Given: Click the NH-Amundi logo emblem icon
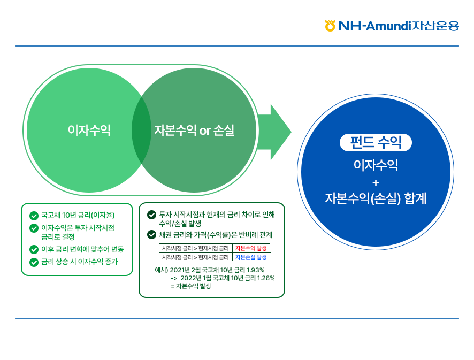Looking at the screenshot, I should pyautogui.click(x=330, y=25).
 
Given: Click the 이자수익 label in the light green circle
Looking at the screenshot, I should pyautogui.click(x=89, y=130).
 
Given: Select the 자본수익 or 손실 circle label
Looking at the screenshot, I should pyautogui.click(x=194, y=130).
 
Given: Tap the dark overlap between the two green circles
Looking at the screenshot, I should pyautogui.click(x=141, y=130).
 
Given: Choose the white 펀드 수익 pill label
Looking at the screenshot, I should pyautogui.click(x=376, y=142).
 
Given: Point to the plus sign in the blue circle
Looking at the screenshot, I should pyautogui.click(x=376, y=182).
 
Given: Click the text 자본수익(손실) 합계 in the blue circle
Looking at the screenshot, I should pyautogui.click(x=376, y=198).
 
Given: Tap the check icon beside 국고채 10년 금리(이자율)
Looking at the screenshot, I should pyautogui.click(x=34, y=216).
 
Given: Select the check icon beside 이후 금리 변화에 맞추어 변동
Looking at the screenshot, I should pyautogui.click(x=34, y=249).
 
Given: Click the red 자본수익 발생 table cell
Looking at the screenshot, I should pyautogui.click(x=251, y=248).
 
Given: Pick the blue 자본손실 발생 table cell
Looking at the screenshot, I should pyautogui.click(x=251, y=257).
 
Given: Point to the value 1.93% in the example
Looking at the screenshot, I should pyautogui.click(x=253, y=270).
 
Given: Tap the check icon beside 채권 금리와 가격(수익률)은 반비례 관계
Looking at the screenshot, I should pyautogui.click(x=151, y=234).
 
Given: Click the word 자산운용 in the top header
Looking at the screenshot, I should pyautogui.click(x=436, y=26).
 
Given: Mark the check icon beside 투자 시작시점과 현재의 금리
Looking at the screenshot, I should pyautogui.click(x=151, y=215).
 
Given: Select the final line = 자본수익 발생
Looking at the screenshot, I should pyautogui.click(x=190, y=286).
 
